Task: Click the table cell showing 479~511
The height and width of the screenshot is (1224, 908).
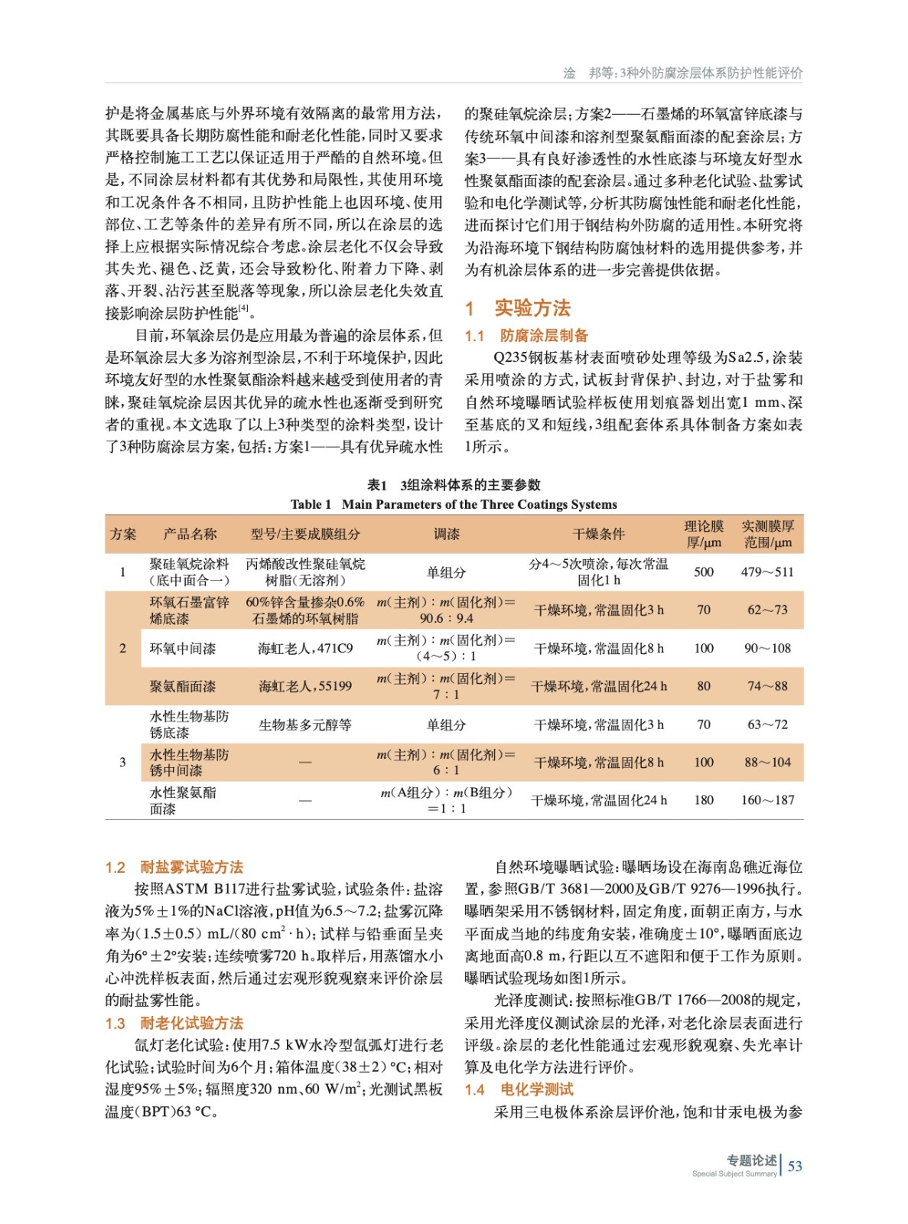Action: [766, 571]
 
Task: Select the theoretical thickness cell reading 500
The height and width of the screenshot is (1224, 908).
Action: [703, 571]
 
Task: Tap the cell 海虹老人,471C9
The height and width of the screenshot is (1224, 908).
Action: [305, 648]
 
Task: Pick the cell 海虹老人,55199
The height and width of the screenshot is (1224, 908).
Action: [305, 686]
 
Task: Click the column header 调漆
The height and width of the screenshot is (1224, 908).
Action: [446, 534]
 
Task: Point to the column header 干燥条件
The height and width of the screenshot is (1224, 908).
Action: [598, 534]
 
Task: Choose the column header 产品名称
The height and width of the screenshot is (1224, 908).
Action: [190, 534]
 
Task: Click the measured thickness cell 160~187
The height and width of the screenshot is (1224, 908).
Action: [766, 800]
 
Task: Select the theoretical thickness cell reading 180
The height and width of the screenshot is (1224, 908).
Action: [703, 800]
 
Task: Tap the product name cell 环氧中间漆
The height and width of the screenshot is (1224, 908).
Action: [183, 648]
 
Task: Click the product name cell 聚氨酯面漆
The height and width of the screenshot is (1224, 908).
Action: [183, 686]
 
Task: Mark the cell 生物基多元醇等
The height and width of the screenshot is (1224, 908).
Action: [305, 724]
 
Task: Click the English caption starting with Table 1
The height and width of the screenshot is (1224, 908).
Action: [454, 504]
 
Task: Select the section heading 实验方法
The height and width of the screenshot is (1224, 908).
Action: [532, 308]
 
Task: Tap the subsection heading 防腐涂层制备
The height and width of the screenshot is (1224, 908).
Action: [544, 335]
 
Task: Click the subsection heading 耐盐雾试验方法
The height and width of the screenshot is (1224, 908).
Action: [191, 867]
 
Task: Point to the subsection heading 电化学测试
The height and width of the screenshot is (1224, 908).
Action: [536, 1089]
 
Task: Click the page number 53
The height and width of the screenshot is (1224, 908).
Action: [795, 1166]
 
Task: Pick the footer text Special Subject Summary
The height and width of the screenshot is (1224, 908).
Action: [734, 1174]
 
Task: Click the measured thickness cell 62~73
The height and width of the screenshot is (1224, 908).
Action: [766, 610]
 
